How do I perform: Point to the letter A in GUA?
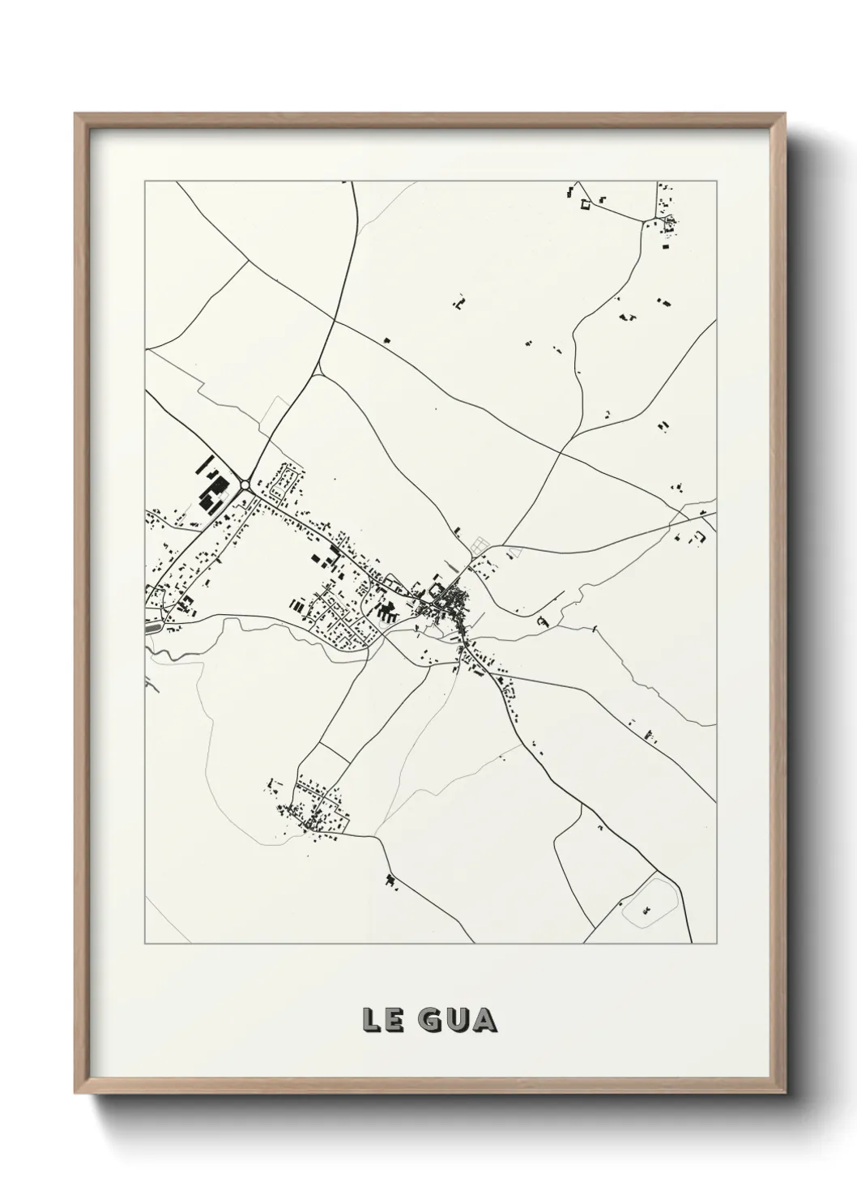(x=483, y=1019)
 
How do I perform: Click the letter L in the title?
(x=372, y=1019)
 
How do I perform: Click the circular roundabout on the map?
(x=245, y=484)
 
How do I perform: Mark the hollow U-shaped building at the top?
(x=583, y=205)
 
